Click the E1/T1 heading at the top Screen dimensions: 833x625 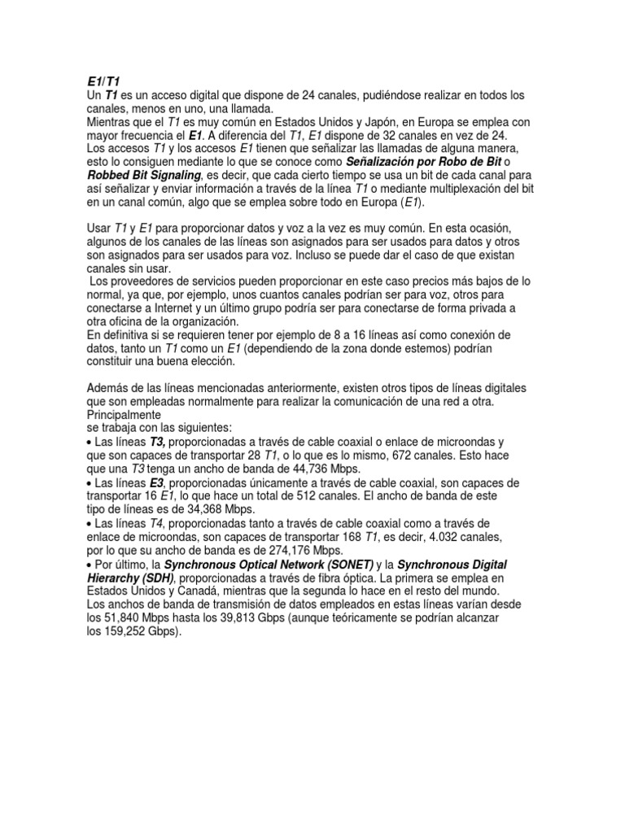coord(103,82)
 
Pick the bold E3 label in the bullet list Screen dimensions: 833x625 coord(158,483)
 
